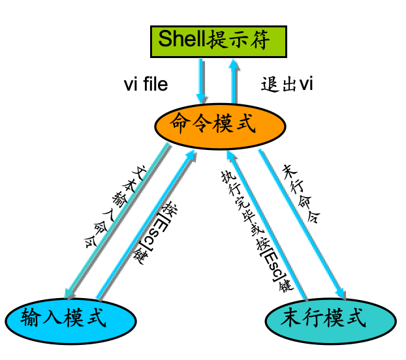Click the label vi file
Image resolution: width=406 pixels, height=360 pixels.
click(146, 85)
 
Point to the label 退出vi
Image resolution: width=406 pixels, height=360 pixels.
click(287, 85)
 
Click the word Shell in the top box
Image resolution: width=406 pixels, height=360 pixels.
click(181, 40)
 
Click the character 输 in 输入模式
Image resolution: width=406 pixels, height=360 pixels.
click(31, 319)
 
